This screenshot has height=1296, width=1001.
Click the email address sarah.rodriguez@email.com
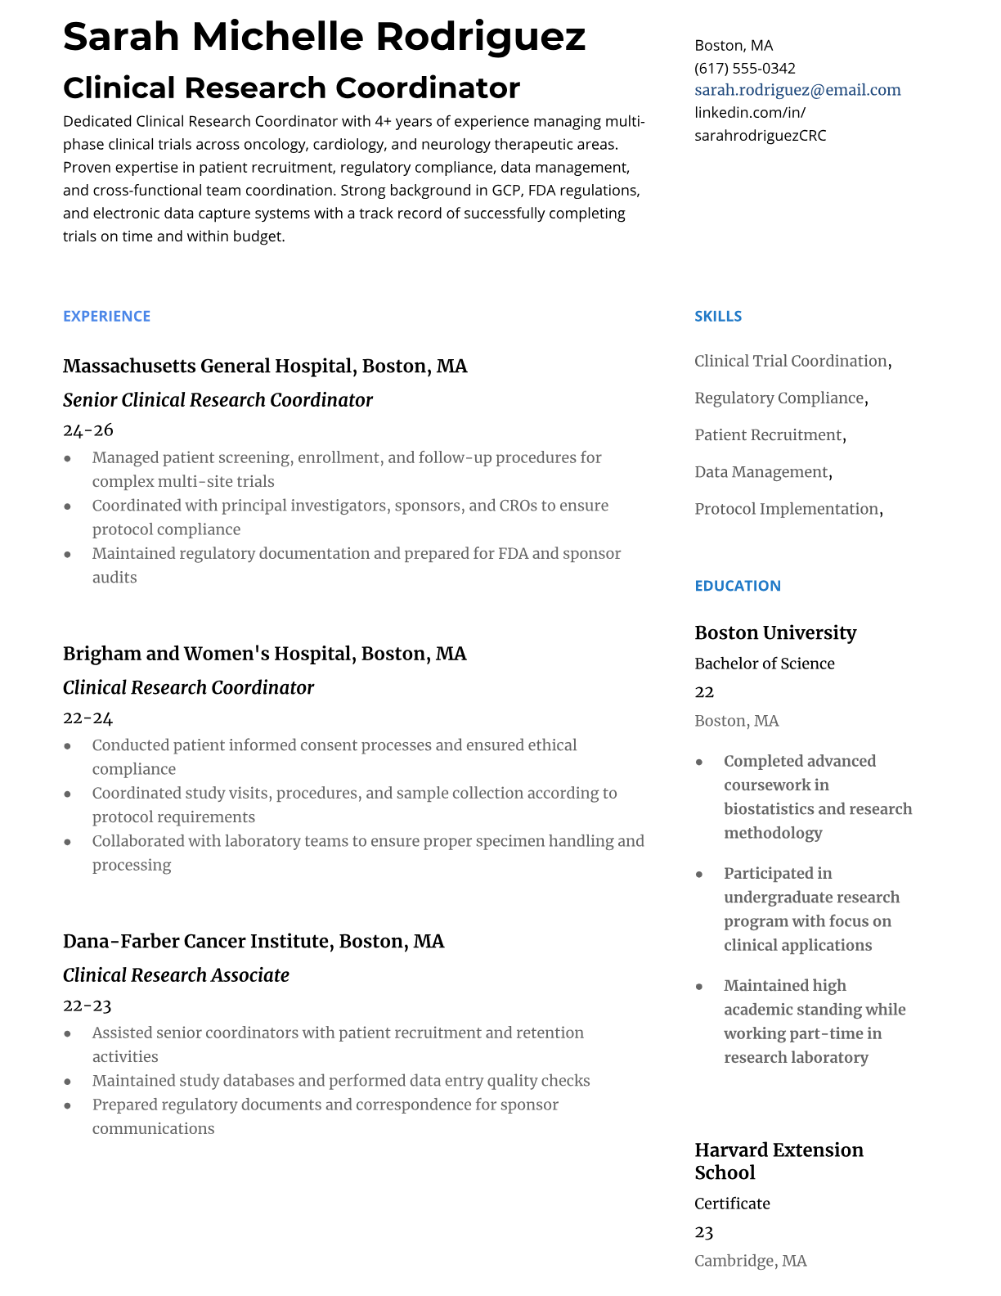797,90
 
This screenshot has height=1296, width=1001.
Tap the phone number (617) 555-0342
744,68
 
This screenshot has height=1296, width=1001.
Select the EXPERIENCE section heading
106,316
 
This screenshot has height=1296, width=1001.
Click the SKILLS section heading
718,316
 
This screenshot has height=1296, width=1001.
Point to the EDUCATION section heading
738,586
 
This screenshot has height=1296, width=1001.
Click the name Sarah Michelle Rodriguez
324,37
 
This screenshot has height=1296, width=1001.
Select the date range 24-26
88,430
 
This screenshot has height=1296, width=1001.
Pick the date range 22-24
88,718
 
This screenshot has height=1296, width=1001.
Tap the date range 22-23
87,1006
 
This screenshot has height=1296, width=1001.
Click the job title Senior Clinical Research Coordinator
218,400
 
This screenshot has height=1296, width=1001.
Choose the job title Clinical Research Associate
176,975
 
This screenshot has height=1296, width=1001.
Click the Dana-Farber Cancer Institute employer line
254,941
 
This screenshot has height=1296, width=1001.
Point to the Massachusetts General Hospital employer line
265,366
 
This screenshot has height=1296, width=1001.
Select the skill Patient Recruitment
768,435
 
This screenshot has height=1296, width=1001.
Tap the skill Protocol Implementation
786,509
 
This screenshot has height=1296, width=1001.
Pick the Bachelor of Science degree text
765,664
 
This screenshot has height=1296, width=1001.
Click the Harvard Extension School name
779,1161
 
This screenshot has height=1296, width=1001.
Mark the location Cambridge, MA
750,1261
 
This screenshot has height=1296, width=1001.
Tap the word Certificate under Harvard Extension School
732,1204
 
